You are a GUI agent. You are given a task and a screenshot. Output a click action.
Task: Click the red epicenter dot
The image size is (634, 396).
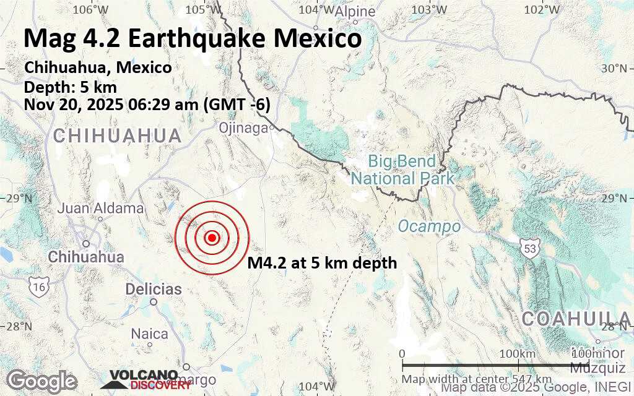click(212, 238)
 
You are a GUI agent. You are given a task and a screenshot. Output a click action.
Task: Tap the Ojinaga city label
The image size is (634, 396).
click(243, 127)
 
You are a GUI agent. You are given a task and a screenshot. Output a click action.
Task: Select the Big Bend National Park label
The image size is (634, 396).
click(402, 170)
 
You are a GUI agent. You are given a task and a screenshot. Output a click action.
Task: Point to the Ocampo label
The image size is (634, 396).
click(429, 226)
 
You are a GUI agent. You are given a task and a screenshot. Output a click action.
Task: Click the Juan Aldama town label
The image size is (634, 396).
click(100, 208)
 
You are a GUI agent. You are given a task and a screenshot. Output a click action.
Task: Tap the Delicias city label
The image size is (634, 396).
click(154, 289)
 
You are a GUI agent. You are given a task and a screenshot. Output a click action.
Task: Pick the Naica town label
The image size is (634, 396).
click(149, 334)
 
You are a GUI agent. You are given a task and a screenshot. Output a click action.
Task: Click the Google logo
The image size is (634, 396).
click(42, 380)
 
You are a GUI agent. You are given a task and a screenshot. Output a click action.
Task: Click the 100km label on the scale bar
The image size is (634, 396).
click(518, 353)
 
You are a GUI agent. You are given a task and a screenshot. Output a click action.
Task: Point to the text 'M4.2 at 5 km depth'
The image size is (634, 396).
click(322, 263)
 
